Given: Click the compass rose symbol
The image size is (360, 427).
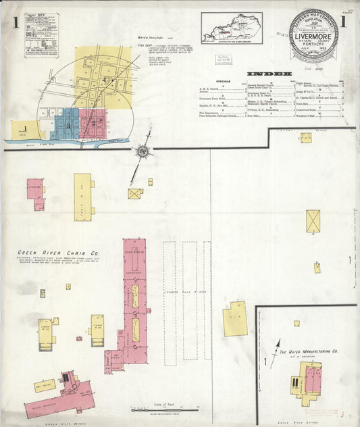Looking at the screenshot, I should tap(143, 151).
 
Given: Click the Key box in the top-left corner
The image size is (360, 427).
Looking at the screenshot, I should tap(42, 35).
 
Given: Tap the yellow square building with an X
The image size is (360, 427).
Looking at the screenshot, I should tap(313, 221).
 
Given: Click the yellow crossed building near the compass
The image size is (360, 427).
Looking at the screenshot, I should tap(135, 194).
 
